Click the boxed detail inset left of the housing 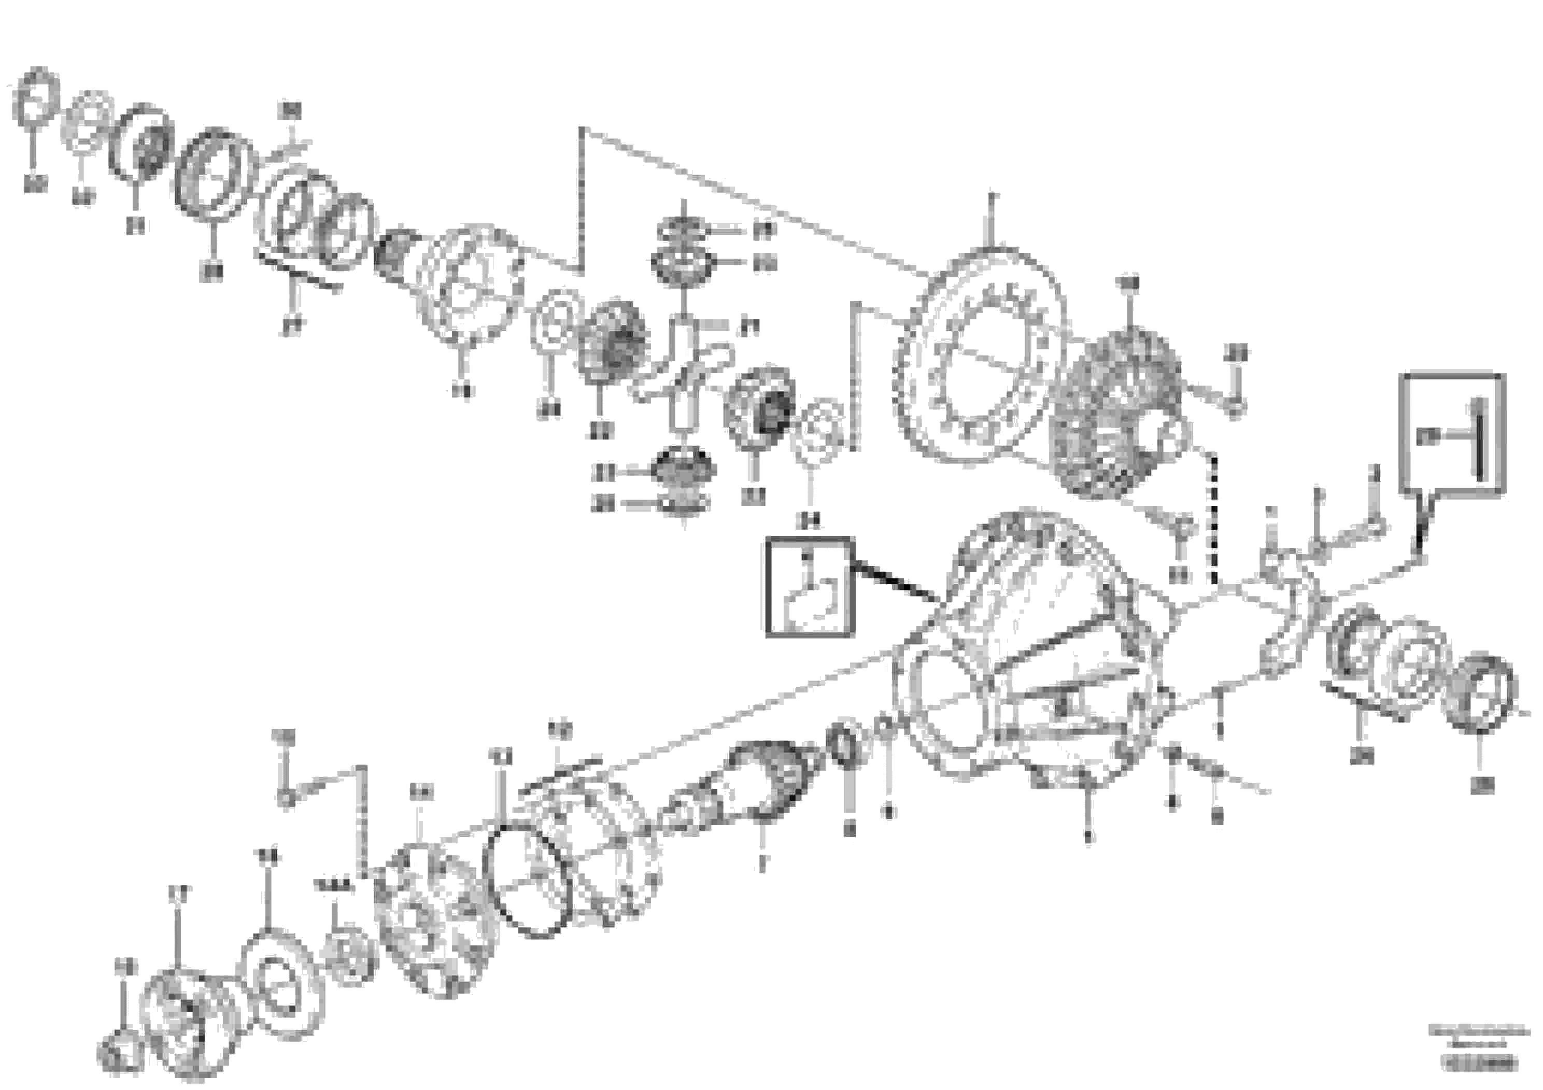point(810,587)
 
